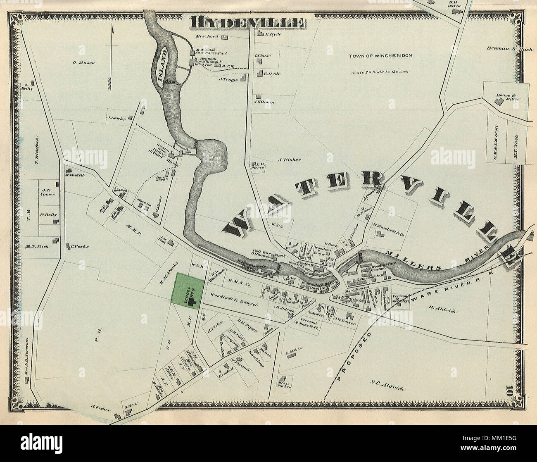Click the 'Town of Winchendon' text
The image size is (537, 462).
[x=380, y=55]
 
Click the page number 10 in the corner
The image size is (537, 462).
[x=508, y=390]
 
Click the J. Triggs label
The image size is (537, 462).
[x=228, y=79]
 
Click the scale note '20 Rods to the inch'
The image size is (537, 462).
[x=380, y=71]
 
